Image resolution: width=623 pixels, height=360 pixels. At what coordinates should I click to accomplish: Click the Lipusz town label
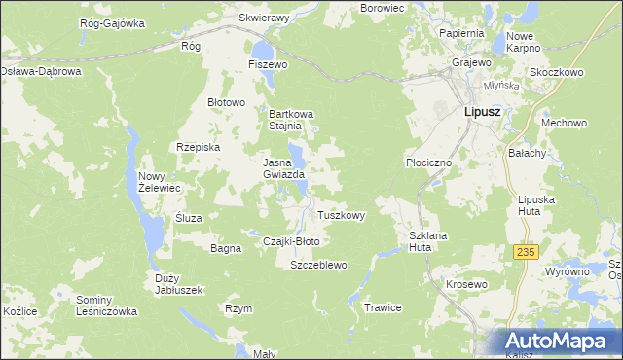[477, 114]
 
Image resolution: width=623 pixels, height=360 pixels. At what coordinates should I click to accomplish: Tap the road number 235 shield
[526, 252]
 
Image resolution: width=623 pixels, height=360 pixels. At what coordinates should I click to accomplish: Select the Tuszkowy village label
[342, 216]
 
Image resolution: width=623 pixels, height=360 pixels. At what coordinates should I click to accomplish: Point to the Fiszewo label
[269, 64]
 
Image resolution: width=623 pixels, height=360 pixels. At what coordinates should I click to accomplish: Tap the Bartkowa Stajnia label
[293, 119]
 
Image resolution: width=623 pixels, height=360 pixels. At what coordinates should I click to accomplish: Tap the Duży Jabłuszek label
[178, 283]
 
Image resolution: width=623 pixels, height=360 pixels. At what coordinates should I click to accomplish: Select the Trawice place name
[383, 307]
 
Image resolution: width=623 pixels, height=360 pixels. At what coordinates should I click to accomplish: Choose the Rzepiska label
[199, 147]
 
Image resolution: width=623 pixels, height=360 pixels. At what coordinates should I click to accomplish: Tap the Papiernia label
[460, 33]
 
